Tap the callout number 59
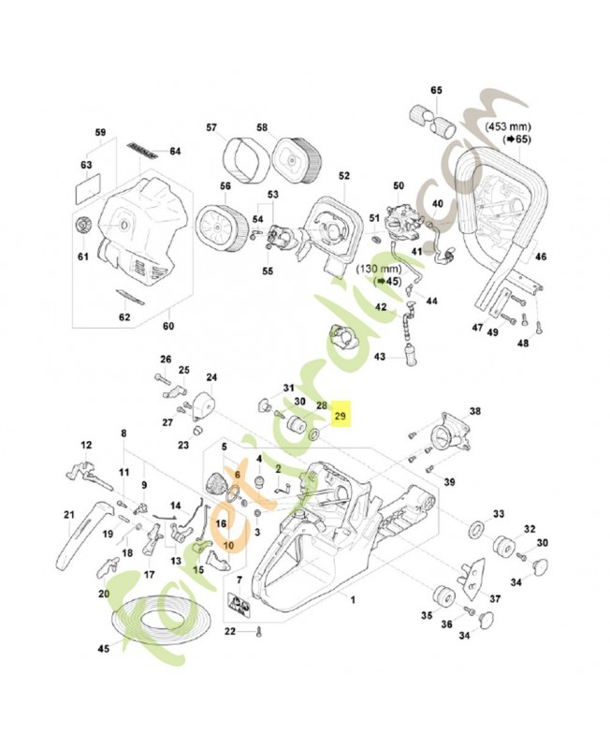point(102,132)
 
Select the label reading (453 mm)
point(510,124)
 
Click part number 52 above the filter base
point(343,175)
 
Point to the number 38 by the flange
point(474,411)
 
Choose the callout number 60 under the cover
point(168,326)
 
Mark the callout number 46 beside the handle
point(540,256)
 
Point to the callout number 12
point(86,445)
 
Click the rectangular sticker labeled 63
point(85,185)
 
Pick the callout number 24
point(211,378)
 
